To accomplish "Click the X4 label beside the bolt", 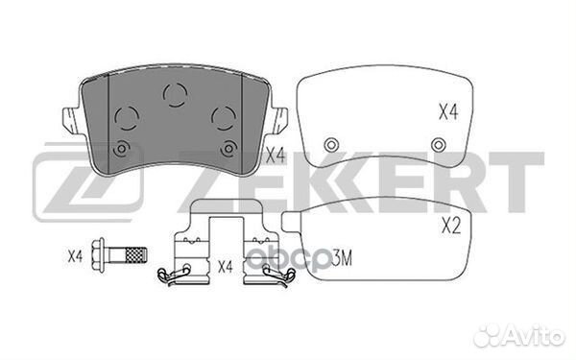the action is pos(75,256).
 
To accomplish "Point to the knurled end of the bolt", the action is pos(136,255).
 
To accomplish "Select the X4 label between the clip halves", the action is pos(225,267).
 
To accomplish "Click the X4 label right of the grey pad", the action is pos(276,156).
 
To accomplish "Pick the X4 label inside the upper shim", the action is pos(448,111).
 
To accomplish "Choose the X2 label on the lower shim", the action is pos(450,226).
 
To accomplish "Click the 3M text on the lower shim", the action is pos(342,258).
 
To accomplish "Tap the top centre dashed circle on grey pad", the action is pos(176,95).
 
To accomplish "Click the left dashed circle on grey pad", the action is pos(127,118).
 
